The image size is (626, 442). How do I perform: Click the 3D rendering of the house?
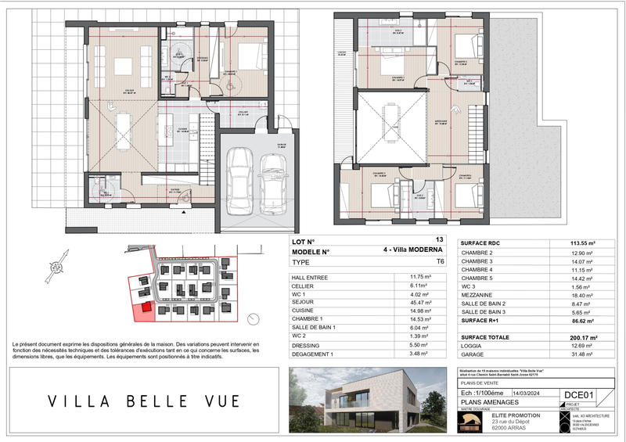368,399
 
